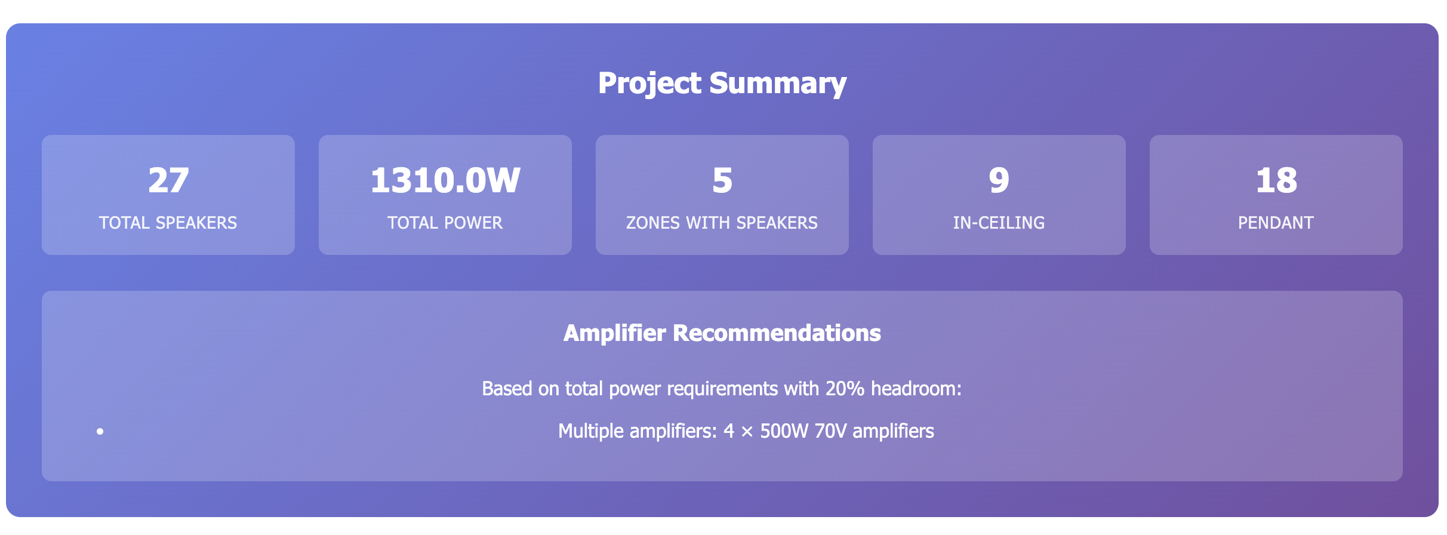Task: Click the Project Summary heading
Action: coord(722,83)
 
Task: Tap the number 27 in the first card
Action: coord(168,180)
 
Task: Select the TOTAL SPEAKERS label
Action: coord(168,223)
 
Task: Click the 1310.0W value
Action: coord(445,180)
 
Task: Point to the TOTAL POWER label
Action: coord(445,223)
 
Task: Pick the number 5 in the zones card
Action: coord(722,180)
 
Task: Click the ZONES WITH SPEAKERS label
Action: coord(722,223)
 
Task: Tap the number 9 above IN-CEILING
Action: coord(999,180)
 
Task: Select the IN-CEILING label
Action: coord(999,223)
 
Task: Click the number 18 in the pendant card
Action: coord(1276,180)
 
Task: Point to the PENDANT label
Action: coord(1276,223)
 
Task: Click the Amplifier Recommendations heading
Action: coord(722,333)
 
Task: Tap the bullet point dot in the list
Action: coord(100,431)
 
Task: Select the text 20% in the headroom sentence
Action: coord(845,389)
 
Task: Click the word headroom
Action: coord(916,389)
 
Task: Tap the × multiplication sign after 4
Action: coord(747,432)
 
